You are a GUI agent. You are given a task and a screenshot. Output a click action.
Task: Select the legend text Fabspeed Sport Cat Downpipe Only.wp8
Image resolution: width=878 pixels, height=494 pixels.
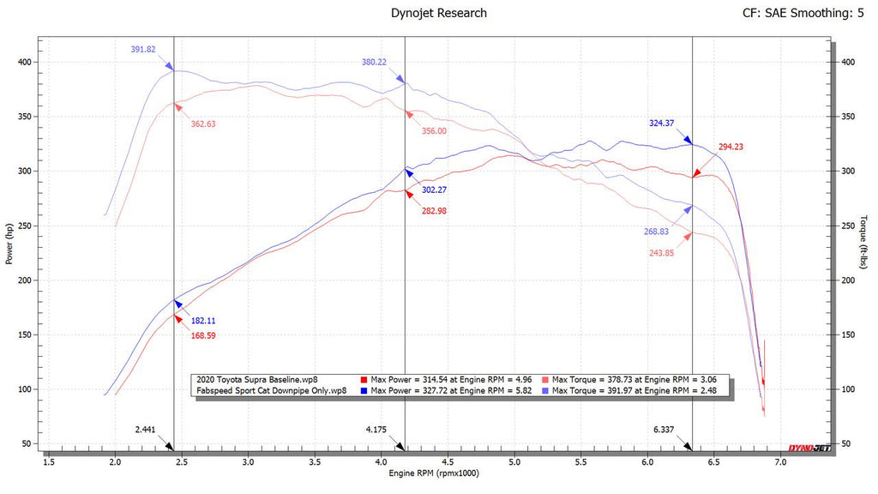tap(272, 390)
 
